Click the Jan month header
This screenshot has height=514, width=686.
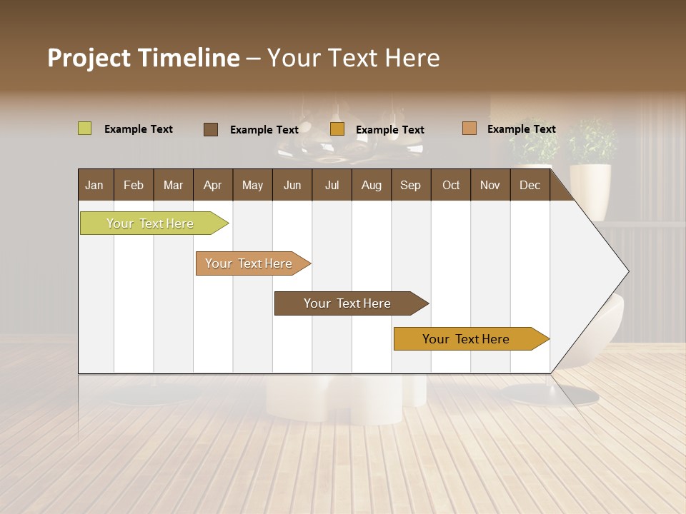point(95,185)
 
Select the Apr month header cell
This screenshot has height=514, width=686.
point(213,185)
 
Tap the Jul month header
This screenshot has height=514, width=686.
point(332,185)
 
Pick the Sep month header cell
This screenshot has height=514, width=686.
point(411,185)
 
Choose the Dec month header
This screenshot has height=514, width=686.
point(530,185)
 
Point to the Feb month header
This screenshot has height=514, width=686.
point(134,185)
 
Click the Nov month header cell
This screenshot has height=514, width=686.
point(490,185)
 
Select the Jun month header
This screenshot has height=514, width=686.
point(292,185)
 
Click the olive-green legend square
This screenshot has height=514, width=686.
point(84,128)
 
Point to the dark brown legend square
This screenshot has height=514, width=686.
point(211,129)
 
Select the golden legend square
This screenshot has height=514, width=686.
point(337,129)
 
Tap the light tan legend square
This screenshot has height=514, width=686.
point(469,128)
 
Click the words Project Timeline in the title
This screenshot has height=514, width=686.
point(143,58)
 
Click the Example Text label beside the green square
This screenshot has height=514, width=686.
point(139,129)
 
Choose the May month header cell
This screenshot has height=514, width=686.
point(252,185)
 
